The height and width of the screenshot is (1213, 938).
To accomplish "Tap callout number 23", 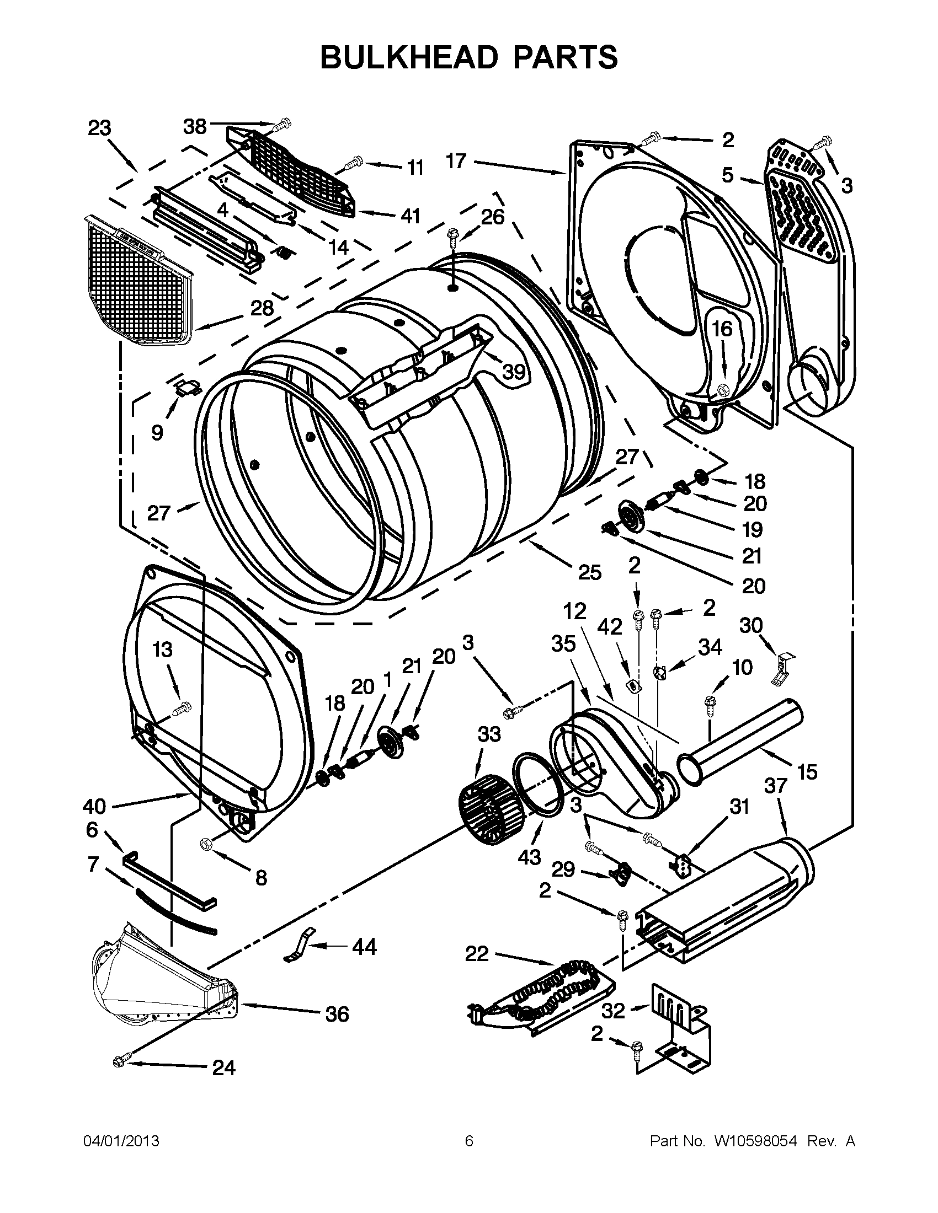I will pos(100,128).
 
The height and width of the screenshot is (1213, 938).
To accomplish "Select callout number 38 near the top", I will pos(195,127).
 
